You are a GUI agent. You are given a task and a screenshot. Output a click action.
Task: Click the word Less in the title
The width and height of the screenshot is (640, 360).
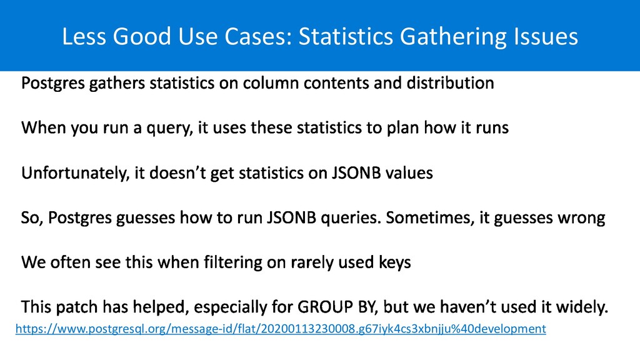click(x=84, y=36)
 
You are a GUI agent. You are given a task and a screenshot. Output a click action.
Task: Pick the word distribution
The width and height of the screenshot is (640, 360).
click(x=450, y=83)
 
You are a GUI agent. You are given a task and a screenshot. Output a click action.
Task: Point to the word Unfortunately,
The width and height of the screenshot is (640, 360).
click(x=75, y=173)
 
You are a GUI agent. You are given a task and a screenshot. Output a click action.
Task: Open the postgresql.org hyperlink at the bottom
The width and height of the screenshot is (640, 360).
click(x=281, y=329)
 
